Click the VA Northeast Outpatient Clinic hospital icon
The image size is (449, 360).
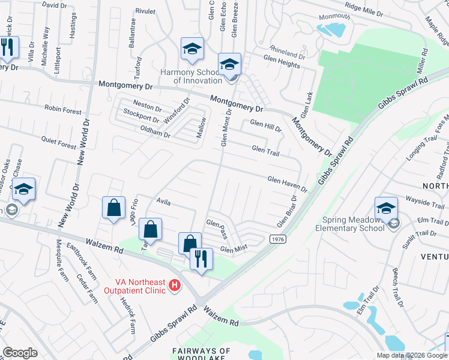coord(175,284)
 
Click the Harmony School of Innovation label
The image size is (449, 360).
coord(191,76)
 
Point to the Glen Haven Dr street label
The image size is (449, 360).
coord(287,184)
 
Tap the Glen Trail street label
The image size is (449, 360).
coord(265,151)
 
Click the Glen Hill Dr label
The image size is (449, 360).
coord(265,124)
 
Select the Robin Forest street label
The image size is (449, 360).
coord(62,110)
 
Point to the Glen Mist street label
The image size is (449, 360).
coord(234,248)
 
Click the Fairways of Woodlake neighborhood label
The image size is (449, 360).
coord(201,354)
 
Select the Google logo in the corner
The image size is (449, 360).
coord(20,353)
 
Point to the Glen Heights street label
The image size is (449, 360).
coord(282,64)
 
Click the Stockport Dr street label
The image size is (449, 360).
coord(141,115)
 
